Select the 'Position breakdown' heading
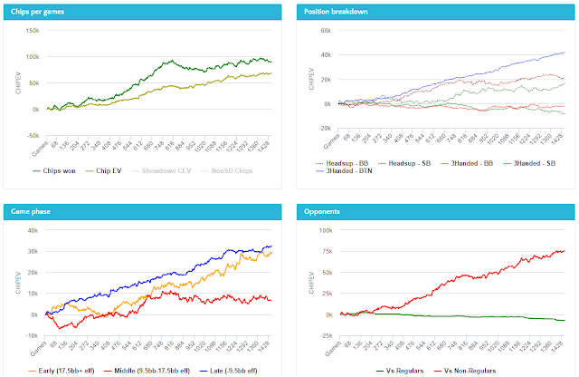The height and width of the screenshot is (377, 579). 334,11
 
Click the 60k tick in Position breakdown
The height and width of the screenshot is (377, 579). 326,30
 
